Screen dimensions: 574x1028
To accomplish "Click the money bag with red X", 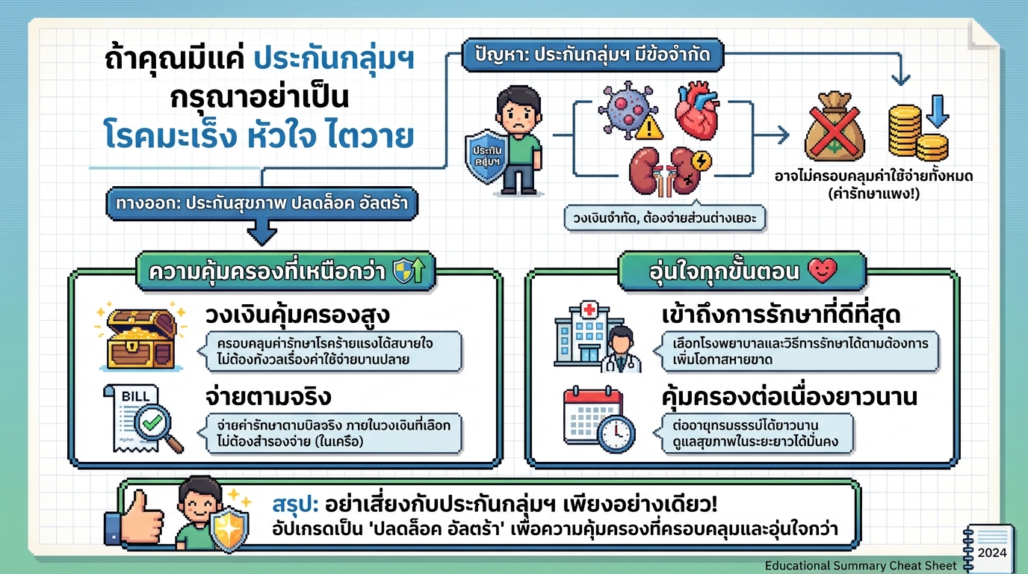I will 834,129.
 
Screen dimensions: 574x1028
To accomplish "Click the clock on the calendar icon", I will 616,434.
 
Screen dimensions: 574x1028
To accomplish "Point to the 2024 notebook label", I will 991,553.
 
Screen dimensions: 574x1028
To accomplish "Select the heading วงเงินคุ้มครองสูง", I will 297,315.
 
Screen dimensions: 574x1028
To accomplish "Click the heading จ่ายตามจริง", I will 267,395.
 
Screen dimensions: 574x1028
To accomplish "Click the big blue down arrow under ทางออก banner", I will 262,233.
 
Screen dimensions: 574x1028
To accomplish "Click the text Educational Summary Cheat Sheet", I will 860,566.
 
